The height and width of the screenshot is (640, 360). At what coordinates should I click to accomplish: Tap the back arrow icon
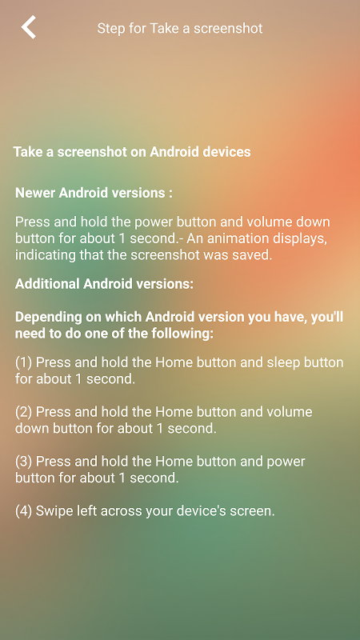pos(29,27)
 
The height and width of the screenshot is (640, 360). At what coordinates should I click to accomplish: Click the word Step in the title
pos(109,29)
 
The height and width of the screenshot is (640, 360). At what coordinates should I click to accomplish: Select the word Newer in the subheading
pos(35,193)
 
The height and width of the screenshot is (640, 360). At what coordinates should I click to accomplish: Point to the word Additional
pos(47,284)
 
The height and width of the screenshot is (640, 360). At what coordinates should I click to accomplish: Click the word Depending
pos(47,318)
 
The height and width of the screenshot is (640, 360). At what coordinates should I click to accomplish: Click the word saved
pos(254,255)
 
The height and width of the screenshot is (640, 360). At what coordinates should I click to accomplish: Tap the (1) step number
pos(24,362)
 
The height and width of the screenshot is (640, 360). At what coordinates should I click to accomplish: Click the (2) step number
pos(24,412)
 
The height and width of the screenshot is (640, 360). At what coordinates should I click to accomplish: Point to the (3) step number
pos(24,462)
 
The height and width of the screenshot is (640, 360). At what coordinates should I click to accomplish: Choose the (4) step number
pos(24,511)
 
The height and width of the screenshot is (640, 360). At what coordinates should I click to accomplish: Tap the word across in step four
pos(118,511)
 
